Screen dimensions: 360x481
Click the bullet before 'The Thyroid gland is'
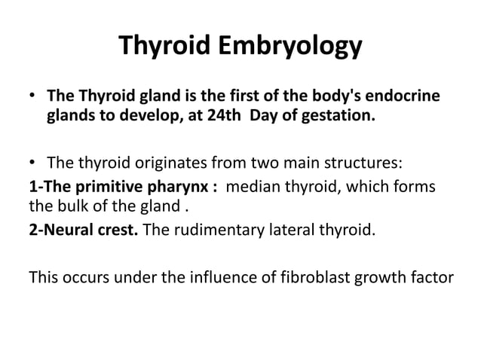pyautogui.click(x=32, y=98)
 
